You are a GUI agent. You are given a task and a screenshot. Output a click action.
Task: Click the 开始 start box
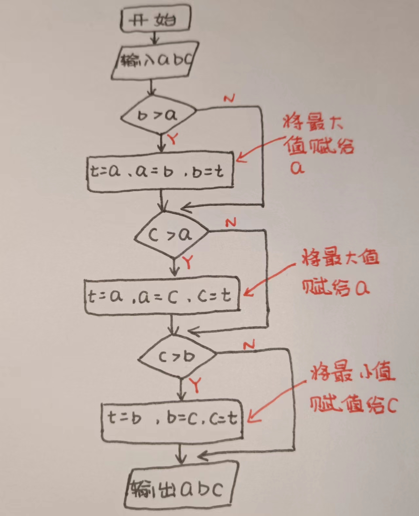click(x=155, y=19)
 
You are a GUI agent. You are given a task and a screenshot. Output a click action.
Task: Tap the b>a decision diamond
click(x=158, y=115)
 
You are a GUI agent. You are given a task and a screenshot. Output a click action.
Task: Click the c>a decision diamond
click(x=171, y=234)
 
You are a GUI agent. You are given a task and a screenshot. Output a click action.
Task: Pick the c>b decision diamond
click(x=177, y=357)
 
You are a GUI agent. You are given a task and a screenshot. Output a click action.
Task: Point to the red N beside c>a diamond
click(x=231, y=223)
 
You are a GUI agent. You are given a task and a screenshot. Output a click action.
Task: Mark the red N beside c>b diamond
click(x=249, y=344)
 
